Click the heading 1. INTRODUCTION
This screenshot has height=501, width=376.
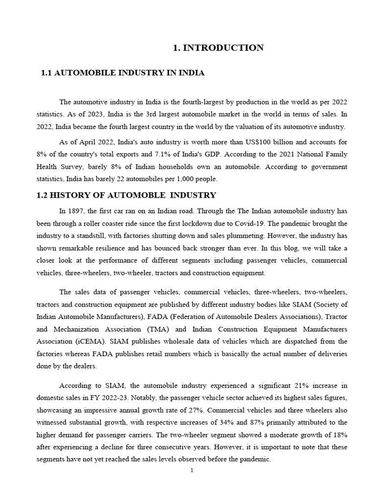pos(218,47)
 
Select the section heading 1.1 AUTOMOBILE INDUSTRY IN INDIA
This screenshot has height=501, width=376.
pos(122,73)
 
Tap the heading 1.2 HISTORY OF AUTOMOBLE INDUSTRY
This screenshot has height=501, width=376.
pos(126,195)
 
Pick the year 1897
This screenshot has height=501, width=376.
pos(76,211)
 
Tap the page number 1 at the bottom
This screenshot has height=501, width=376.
pos(192,470)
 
